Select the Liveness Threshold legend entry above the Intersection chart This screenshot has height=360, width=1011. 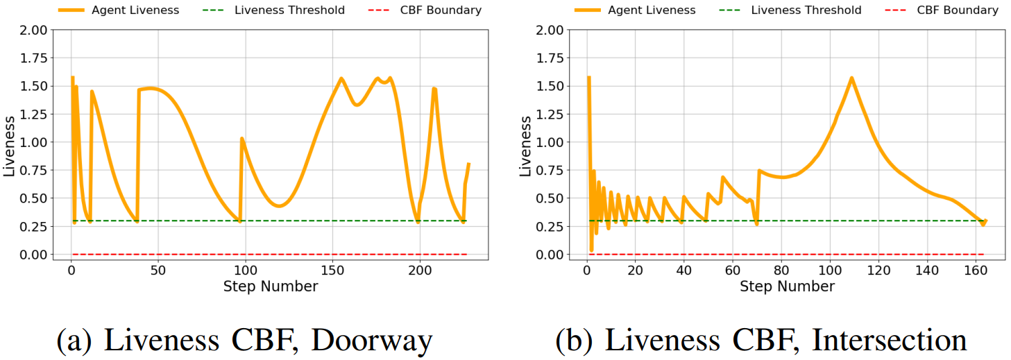(x=806, y=10)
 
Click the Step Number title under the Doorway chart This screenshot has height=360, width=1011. (x=271, y=286)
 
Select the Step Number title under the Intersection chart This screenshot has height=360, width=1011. (x=787, y=286)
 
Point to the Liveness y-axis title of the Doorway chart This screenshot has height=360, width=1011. (x=10, y=142)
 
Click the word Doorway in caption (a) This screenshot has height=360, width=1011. (x=372, y=340)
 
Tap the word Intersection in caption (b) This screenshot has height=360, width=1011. (x=890, y=340)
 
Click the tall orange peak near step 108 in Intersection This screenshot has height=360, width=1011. (x=851, y=78)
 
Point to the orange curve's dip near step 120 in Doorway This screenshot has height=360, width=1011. (x=279, y=206)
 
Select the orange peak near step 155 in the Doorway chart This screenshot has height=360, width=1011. (x=341, y=78)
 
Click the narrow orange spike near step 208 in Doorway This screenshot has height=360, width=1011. (x=434, y=89)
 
